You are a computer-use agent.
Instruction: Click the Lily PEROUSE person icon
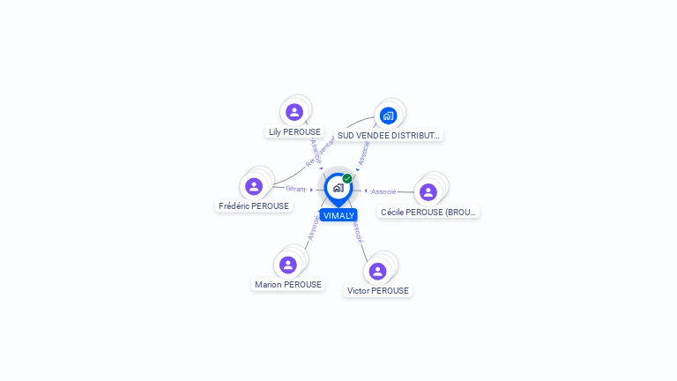pos(294,112)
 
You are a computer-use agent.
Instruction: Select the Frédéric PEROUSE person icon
pos(254,186)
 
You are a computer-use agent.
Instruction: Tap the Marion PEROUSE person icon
pos(287,265)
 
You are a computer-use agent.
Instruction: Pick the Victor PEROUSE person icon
pos(378,271)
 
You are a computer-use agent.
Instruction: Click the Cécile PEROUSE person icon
pos(428,192)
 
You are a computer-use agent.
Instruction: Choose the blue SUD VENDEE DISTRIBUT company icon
pos(388,116)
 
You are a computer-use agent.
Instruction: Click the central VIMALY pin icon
pos(338,188)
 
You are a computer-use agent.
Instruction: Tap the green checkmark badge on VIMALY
pos(347,178)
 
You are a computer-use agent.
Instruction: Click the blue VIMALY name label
pos(338,215)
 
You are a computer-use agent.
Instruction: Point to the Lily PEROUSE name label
pos(294,132)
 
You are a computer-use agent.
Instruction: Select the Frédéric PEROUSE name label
pos(254,206)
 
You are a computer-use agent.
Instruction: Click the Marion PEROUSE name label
pos(288,285)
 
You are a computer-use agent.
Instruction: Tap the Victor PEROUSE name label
pos(378,291)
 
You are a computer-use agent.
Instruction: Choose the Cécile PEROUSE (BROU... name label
pos(428,213)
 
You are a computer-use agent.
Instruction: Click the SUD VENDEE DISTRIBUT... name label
pos(388,136)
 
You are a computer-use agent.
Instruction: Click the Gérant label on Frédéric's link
pos(295,188)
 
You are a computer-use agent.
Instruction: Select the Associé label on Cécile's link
pos(383,191)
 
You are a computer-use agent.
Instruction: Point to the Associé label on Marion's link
pos(313,228)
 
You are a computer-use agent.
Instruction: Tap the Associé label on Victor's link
pos(355,232)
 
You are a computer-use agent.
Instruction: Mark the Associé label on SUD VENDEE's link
pos(364,152)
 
